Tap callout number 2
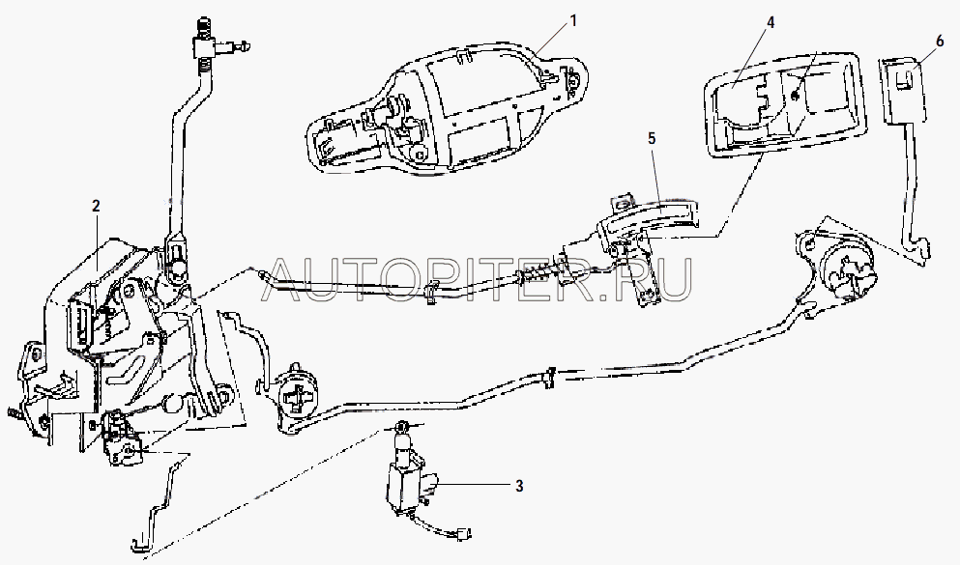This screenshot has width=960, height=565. click(x=96, y=205)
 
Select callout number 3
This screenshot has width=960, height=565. click(x=519, y=486)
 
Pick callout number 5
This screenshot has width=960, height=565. click(x=652, y=138)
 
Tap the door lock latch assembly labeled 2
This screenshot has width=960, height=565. click(x=106, y=328)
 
